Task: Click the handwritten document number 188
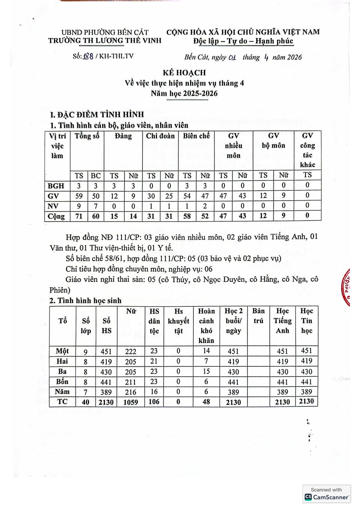click(x=88, y=56)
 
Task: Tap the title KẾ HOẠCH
click(x=184, y=73)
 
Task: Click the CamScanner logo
click(x=327, y=497)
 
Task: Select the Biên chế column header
click(x=196, y=136)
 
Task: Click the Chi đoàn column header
click(x=160, y=136)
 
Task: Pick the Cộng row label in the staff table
click(x=57, y=216)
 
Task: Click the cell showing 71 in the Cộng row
click(x=79, y=216)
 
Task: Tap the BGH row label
click(x=56, y=186)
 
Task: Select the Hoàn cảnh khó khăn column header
click(x=206, y=325)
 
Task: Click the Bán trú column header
click(x=258, y=316)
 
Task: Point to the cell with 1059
click(x=131, y=402)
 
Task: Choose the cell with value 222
click(x=131, y=352)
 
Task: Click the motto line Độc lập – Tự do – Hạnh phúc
click(x=243, y=41)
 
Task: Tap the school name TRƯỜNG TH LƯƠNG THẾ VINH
click(x=105, y=41)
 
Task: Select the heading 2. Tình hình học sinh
click(x=85, y=301)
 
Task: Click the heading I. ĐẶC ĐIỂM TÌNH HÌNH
click(x=97, y=115)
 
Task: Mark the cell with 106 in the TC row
click(x=154, y=402)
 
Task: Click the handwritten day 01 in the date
click(x=232, y=57)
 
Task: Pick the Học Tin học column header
click(x=306, y=321)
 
